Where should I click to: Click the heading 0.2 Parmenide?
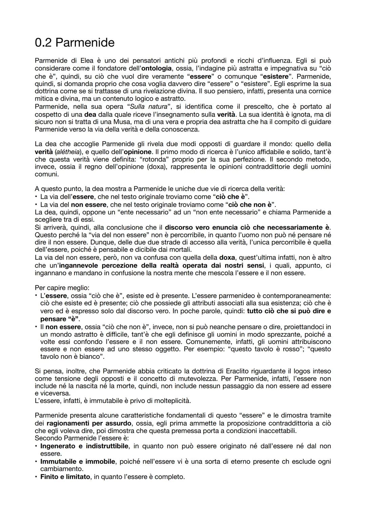click(x=75, y=43)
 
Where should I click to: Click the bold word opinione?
click(x=138, y=152)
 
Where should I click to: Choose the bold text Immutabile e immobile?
click(x=78, y=461)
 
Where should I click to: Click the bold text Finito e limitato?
click(x=65, y=477)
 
